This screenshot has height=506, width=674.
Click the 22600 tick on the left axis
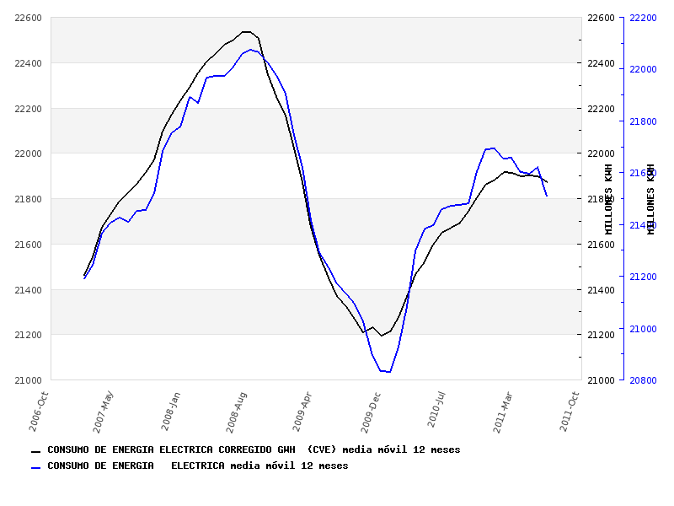(29, 18)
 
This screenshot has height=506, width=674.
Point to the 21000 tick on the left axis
(29, 380)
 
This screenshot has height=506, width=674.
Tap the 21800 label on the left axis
(29, 199)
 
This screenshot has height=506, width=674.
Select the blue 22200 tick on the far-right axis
(643, 18)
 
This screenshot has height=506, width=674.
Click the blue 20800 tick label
(643, 380)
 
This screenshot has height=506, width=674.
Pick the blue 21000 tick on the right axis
(643, 329)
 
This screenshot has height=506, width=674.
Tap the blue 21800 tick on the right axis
(643, 121)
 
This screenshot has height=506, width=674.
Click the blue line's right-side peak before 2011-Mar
(493, 148)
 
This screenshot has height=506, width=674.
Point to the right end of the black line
(548, 182)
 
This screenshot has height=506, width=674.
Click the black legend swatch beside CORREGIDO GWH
(35, 451)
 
